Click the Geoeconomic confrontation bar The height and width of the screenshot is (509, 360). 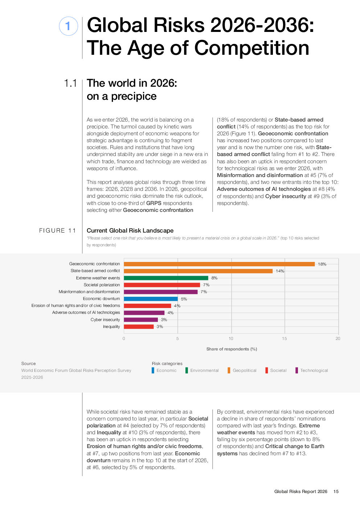point(219,264)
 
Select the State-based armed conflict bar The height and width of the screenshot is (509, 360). point(198,271)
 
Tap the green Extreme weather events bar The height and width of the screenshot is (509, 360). point(166,278)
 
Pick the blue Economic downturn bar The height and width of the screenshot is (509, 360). point(151,299)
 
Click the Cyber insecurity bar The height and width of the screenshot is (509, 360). point(141,320)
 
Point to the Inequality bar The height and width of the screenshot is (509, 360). point(139,327)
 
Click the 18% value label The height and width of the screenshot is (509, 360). point(322,264)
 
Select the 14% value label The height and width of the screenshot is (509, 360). point(280,271)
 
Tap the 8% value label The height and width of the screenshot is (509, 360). point(214,278)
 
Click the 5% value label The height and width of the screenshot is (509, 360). point(184,299)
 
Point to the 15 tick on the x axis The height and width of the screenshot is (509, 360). point(285,338)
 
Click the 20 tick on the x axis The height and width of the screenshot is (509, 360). point(338,338)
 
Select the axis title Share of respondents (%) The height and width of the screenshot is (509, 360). point(232,349)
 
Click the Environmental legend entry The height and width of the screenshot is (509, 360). point(204,370)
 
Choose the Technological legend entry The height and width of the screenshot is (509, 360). point(314,370)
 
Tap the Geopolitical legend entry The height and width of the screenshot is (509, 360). point(244,370)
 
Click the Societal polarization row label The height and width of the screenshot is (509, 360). point(102,285)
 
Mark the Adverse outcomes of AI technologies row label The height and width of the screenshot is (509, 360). point(86,312)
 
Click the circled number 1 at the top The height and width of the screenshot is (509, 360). point(68,26)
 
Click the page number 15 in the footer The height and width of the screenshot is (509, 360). point(336,492)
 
